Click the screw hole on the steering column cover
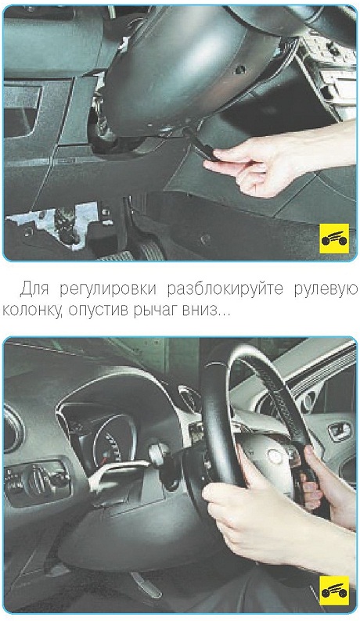[x=239, y=71]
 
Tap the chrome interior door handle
[x=340, y=430]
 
